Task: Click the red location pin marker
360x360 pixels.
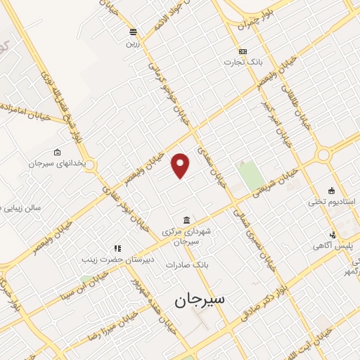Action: click(181, 165)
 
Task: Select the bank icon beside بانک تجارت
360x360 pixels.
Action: click(243, 51)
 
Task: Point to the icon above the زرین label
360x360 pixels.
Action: click(132, 32)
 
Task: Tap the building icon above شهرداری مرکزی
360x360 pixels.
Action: click(186, 220)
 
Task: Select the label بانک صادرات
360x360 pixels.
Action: click(188, 264)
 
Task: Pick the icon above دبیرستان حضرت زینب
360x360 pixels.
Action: click(117, 247)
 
